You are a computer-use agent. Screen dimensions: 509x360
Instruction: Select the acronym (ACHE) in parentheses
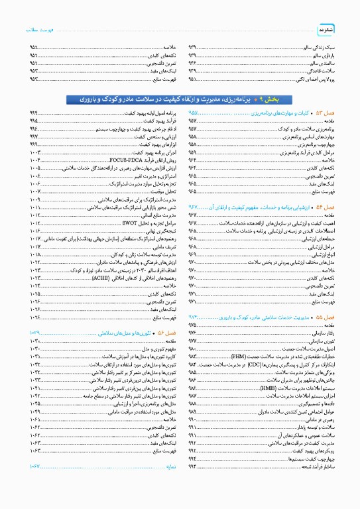tap(109, 260)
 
